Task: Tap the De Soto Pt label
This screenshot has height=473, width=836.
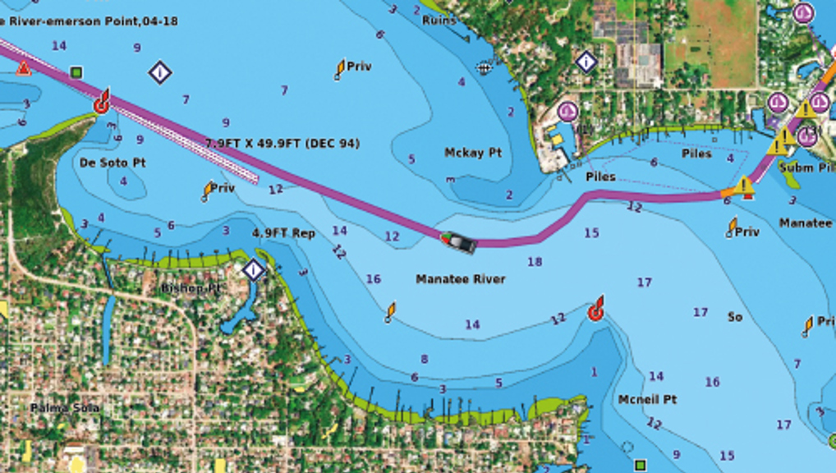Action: click(x=113, y=163)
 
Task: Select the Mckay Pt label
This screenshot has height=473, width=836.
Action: click(x=473, y=153)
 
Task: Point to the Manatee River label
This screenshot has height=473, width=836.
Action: click(x=461, y=279)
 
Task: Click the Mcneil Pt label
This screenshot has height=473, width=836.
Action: click(x=647, y=399)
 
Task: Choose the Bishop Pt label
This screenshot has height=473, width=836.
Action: click(x=191, y=288)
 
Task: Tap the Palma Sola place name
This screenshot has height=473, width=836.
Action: click(x=65, y=407)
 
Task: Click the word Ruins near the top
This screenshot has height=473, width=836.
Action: click(x=439, y=20)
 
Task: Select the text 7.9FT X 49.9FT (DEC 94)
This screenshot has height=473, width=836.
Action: click(x=282, y=144)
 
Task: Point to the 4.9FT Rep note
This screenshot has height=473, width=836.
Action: click(x=283, y=233)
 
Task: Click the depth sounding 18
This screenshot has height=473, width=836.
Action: click(x=535, y=262)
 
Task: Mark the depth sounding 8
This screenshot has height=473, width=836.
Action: click(x=424, y=359)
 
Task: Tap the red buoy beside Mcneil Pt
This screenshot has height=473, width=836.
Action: click(x=597, y=310)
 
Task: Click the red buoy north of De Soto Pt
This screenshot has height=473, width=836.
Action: click(x=102, y=103)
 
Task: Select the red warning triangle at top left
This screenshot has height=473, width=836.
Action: click(x=24, y=68)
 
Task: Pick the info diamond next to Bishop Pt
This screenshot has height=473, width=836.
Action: click(x=254, y=269)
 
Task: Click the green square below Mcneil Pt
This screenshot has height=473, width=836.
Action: click(x=640, y=465)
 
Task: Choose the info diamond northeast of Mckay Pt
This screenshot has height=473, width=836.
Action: click(x=586, y=62)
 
